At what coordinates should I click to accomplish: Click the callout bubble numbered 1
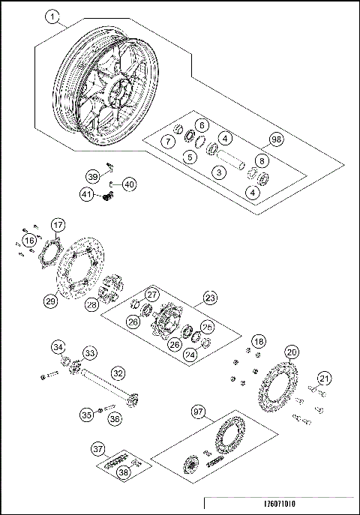click(52, 16)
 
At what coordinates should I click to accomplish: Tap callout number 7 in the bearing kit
click(169, 142)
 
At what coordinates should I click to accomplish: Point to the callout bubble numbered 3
click(218, 173)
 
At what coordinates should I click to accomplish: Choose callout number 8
click(261, 161)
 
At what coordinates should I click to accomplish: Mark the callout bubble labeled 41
click(87, 194)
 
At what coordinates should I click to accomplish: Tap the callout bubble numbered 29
click(50, 301)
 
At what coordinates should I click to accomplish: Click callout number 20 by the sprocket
click(292, 352)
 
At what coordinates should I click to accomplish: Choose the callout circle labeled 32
click(118, 372)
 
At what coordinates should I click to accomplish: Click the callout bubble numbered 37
click(97, 449)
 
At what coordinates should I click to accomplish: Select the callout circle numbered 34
click(58, 346)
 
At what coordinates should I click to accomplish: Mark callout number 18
click(258, 341)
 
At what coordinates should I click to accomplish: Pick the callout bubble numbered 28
click(92, 305)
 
